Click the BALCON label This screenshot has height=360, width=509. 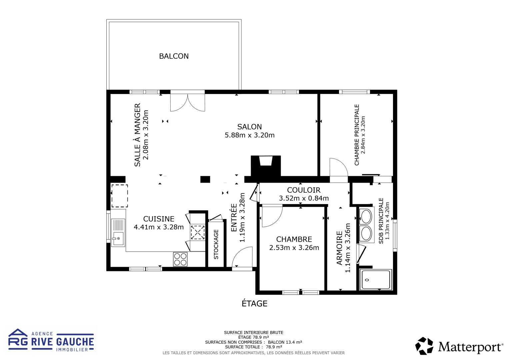click(x=174, y=56)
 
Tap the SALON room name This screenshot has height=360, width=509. click(x=249, y=127)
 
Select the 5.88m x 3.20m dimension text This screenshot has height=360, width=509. click(x=249, y=135)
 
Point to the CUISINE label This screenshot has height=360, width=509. click(x=159, y=219)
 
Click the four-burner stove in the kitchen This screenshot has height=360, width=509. click(x=180, y=259)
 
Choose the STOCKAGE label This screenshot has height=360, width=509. click(x=216, y=244)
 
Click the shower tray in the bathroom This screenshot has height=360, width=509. click(x=376, y=280)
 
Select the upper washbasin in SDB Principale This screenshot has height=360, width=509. click(x=366, y=217)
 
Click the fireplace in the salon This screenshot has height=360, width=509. click(x=266, y=165)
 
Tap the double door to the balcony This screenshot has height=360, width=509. click(x=187, y=102)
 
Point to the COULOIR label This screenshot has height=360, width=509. click(x=304, y=190)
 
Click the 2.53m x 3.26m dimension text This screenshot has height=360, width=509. click(x=294, y=248)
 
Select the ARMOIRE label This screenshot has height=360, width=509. click(x=340, y=248)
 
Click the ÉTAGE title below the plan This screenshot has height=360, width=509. click(x=254, y=304)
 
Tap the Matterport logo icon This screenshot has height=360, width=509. click(x=424, y=346)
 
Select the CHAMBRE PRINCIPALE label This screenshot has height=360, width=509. click(x=357, y=135)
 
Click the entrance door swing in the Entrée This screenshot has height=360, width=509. click(x=243, y=257)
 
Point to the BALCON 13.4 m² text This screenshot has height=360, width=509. click(x=285, y=342)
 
